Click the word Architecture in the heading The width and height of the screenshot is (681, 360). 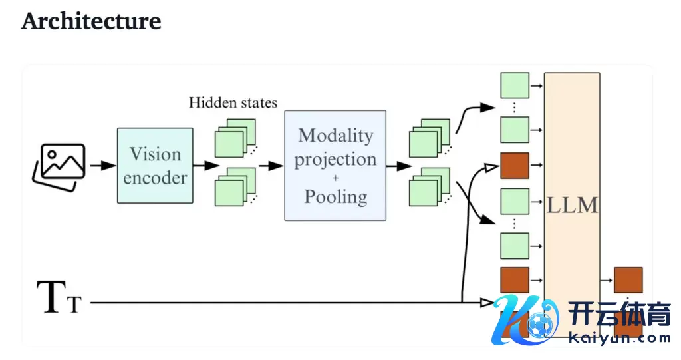click(x=91, y=21)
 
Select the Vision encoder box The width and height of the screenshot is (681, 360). click(x=155, y=166)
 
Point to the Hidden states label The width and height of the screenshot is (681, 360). click(x=233, y=102)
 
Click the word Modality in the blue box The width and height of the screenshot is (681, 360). click(x=335, y=136)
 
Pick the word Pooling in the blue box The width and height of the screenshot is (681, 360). click(x=335, y=196)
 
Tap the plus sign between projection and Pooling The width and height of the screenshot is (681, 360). click(x=335, y=178)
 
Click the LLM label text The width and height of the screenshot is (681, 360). click(x=572, y=205)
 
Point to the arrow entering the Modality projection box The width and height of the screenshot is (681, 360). click(x=271, y=166)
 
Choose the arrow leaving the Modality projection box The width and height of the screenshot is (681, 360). click(x=397, y=166)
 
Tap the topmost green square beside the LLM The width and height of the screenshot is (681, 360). click(x=513, y=86)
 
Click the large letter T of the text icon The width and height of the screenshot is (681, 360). click(x=52, y=297)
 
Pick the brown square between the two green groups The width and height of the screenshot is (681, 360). click(x=514, y=166)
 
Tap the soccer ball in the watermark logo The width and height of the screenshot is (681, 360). click(x=537, y=325)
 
